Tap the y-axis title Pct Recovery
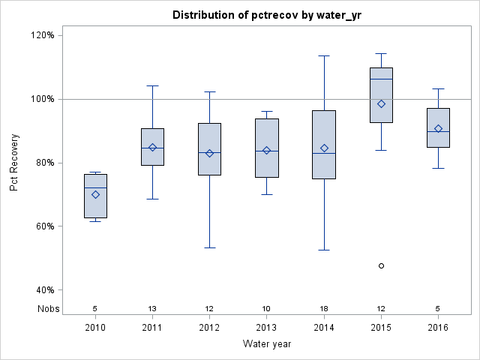(14, 162)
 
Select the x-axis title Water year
(267, 343)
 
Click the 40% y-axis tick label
(44, 290)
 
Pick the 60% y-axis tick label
(44, 226)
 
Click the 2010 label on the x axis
(95, 327)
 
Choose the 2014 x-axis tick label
(324, 327)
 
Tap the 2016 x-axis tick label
(439, 327)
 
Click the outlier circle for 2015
(382, 265)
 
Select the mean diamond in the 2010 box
(95, 194)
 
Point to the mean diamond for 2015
(382, 103)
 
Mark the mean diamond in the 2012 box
(210, 153)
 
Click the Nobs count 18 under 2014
(324, 308)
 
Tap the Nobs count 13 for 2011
(152, 308)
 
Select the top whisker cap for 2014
(324, 55)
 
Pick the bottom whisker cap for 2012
(210, 247)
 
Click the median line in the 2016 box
(439, 131)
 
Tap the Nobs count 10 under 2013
(267, 308)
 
